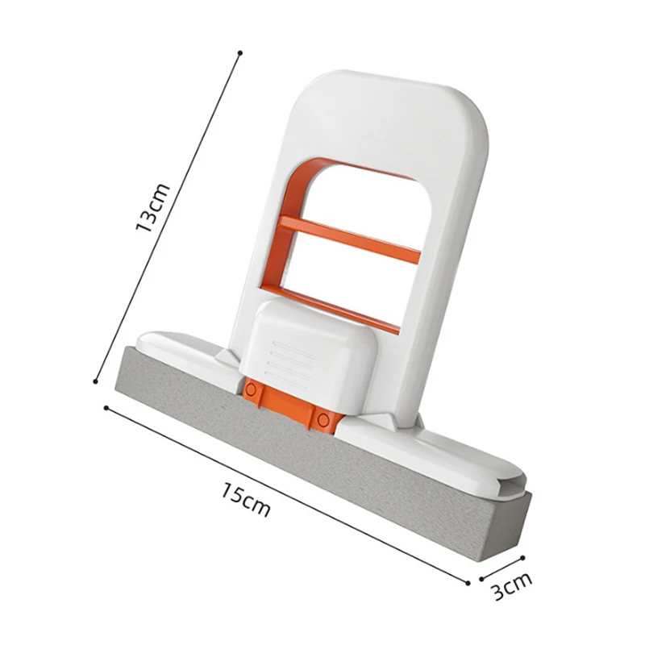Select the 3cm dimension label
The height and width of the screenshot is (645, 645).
pos(512,587)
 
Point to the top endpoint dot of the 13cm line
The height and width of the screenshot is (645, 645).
pos(239,53)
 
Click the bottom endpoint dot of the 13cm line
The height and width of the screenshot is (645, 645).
pos(96,382)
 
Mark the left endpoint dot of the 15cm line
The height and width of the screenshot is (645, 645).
pos(106,407)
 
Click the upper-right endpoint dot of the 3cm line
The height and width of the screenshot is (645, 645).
pos(523,556)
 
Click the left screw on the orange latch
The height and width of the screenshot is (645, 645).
pos(252,390)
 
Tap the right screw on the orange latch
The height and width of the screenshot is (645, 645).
pos(323,418)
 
